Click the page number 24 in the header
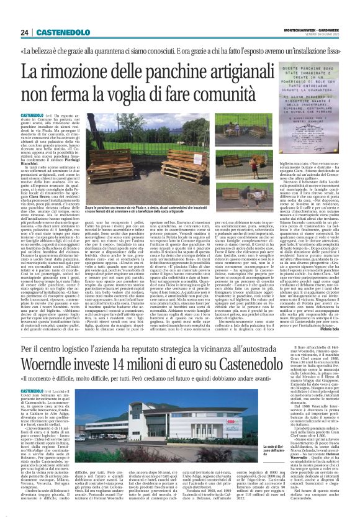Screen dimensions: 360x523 coord(25,32)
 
